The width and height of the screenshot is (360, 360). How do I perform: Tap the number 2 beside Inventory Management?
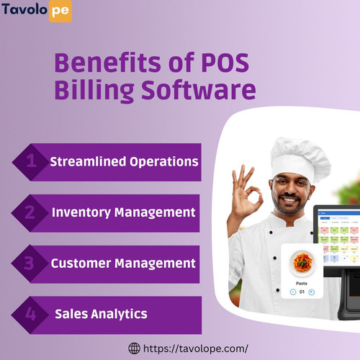(x=31, y=212)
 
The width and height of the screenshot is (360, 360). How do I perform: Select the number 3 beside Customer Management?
(x=31, y=263)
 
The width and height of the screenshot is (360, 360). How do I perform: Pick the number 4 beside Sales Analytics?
(x=31, y=314)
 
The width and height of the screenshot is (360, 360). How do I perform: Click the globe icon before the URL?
(x=134, y=348)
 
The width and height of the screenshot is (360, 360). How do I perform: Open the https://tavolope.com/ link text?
(x=196, y=348)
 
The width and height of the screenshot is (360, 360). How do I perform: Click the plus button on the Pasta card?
(x=312, y=292)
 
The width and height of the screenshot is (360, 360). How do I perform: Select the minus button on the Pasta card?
(x=293, y=292)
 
